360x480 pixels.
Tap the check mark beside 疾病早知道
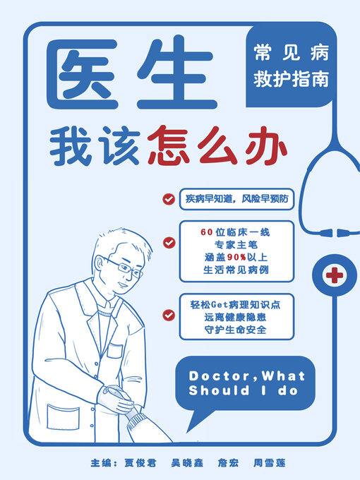click(x=168, y=199)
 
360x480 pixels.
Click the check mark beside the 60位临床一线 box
click(x=168, y=243)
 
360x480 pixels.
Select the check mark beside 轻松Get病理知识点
click(x=168, y=314)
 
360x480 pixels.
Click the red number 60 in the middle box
click(x=207, y=232)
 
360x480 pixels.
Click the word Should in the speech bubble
click(x=215, y=390)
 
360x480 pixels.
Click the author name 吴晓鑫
click(x=186, y=463)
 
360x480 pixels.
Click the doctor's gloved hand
click(x=117, y=400)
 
